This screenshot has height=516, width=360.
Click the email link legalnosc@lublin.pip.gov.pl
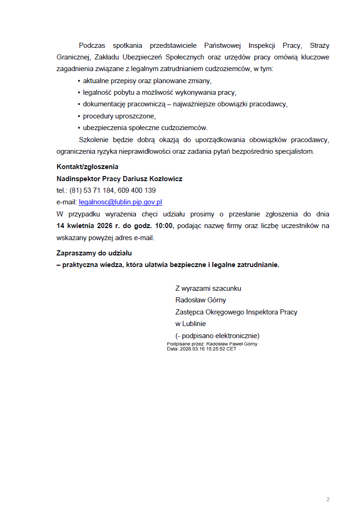point(120,202)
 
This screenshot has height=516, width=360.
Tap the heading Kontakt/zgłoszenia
point(87,166)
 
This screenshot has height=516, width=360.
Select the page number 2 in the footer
point(328,499)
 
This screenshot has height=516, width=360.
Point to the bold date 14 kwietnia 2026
point(88,226)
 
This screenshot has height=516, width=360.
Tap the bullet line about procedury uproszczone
point(119,116)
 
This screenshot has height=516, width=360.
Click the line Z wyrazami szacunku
point(208,288)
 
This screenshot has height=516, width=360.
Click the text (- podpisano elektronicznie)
point(217,336)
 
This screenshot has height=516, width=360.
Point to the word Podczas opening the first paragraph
point(92,46)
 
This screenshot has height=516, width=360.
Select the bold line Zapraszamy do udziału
point(94,253)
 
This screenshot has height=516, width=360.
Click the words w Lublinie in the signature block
point(190,324)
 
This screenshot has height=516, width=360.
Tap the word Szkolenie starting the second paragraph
point(93,140)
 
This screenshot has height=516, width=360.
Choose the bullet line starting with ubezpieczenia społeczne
point(145,128)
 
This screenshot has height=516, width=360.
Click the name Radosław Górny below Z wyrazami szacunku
point(201,300)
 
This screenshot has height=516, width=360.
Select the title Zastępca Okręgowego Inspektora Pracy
point(236,312)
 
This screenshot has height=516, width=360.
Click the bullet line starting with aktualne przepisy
point(147,80)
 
